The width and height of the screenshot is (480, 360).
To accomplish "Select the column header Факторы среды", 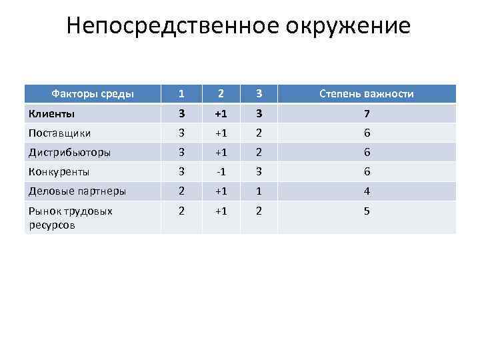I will click(x=93, y=94).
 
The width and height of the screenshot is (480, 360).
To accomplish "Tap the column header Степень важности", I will click(x=367, y=94).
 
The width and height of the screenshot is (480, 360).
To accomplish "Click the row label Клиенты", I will click(x=51, y=113).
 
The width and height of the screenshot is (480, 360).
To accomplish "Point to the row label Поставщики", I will click(x=60, y=133).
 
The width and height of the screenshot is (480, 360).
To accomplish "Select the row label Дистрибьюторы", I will click(x=69, y=152).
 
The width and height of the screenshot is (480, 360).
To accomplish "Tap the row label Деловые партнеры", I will click(x=77, y=191).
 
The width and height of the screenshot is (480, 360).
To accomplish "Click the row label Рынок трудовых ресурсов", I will click(x=70, y=218).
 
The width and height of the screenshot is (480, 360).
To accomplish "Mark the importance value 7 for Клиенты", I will click(x=367, y=113).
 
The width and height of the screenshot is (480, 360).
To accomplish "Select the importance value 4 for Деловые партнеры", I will click(x=367, y=191).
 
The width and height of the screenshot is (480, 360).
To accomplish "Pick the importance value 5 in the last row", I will click(x=367, y=211).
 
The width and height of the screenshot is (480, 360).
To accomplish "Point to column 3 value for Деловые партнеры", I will click(x=260, y=191).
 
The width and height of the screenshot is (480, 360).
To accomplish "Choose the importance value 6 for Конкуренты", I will click(x=367, y=172).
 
